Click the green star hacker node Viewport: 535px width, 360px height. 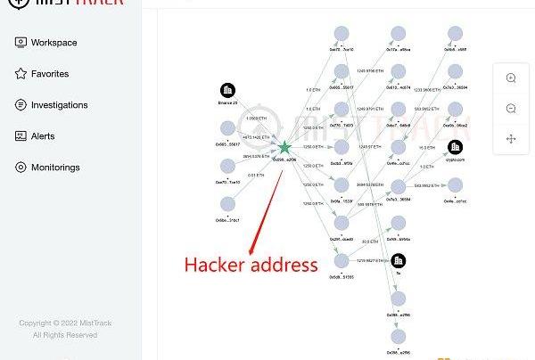pos(284,147)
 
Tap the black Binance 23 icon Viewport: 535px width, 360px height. pos(227,90)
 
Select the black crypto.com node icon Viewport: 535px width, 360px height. pos(455,146)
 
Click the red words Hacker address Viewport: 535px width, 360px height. pos(250,265)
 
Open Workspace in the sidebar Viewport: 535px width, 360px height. pos(53,43)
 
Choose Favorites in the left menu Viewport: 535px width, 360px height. pos(49,74)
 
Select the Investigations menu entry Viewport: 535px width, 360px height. pos(59,105)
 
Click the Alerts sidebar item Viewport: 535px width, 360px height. pos(43,136)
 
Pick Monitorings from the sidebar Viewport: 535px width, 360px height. pos(55,168)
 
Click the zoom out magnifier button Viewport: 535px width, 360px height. pos(511,109)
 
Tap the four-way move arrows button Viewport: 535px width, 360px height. pos(511,139)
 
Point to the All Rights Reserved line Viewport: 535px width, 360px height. pos(65,335)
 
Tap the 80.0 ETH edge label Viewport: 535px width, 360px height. pos(368,241)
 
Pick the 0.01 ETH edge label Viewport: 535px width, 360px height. pos(256,176)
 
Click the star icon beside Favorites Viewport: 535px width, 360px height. pos(21,74)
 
